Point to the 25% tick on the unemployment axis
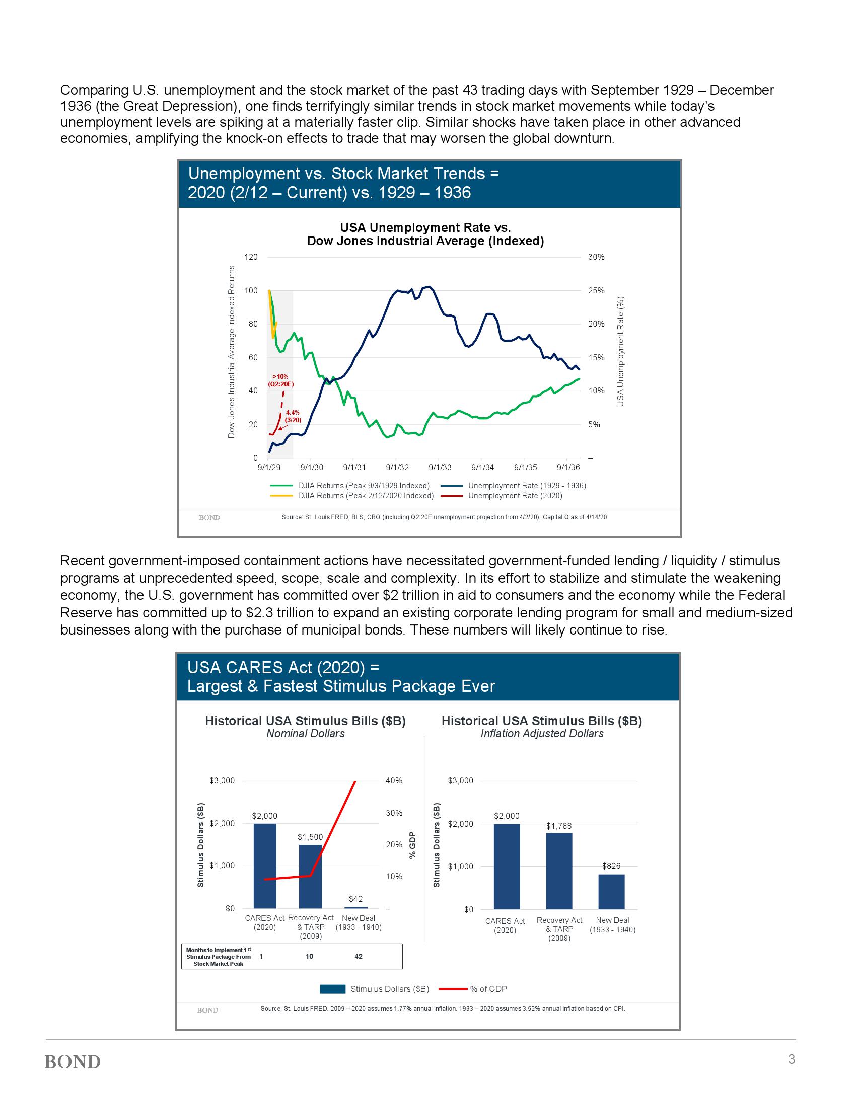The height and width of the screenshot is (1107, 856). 596,290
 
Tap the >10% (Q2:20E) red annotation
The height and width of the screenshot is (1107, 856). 280,380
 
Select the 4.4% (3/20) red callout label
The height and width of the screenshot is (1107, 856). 293,416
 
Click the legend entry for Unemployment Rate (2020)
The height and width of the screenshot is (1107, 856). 515,495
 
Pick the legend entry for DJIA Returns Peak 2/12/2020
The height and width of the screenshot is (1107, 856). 365,495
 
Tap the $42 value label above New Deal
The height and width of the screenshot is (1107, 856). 356,899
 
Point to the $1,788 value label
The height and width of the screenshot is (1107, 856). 559,826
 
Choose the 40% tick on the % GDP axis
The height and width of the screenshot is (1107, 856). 394,780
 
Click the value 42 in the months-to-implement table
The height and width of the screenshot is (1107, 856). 358,956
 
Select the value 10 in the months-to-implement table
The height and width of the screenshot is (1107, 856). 309,956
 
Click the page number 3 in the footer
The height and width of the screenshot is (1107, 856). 792,1059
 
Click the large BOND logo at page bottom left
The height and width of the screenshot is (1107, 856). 73,1062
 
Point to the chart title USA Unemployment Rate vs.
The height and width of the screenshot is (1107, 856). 425,227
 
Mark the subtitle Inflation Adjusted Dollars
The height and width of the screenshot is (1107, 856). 542,734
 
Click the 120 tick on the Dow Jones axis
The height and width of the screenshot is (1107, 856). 252,257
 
